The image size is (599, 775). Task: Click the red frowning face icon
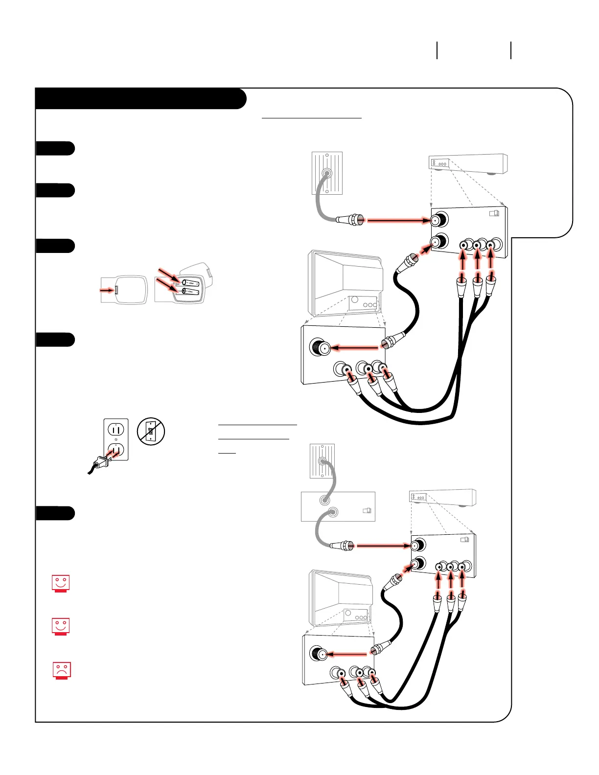[62, 670]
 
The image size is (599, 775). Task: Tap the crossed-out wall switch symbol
[151, 432]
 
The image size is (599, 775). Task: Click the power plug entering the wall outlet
[102, 461]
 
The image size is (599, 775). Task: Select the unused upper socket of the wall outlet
[116, 430]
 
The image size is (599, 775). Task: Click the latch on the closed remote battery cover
[116, 290]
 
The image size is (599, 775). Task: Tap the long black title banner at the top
[140, 99]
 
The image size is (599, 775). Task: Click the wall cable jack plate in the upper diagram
[327, 173]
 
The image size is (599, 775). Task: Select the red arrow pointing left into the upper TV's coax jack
[355, 348]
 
